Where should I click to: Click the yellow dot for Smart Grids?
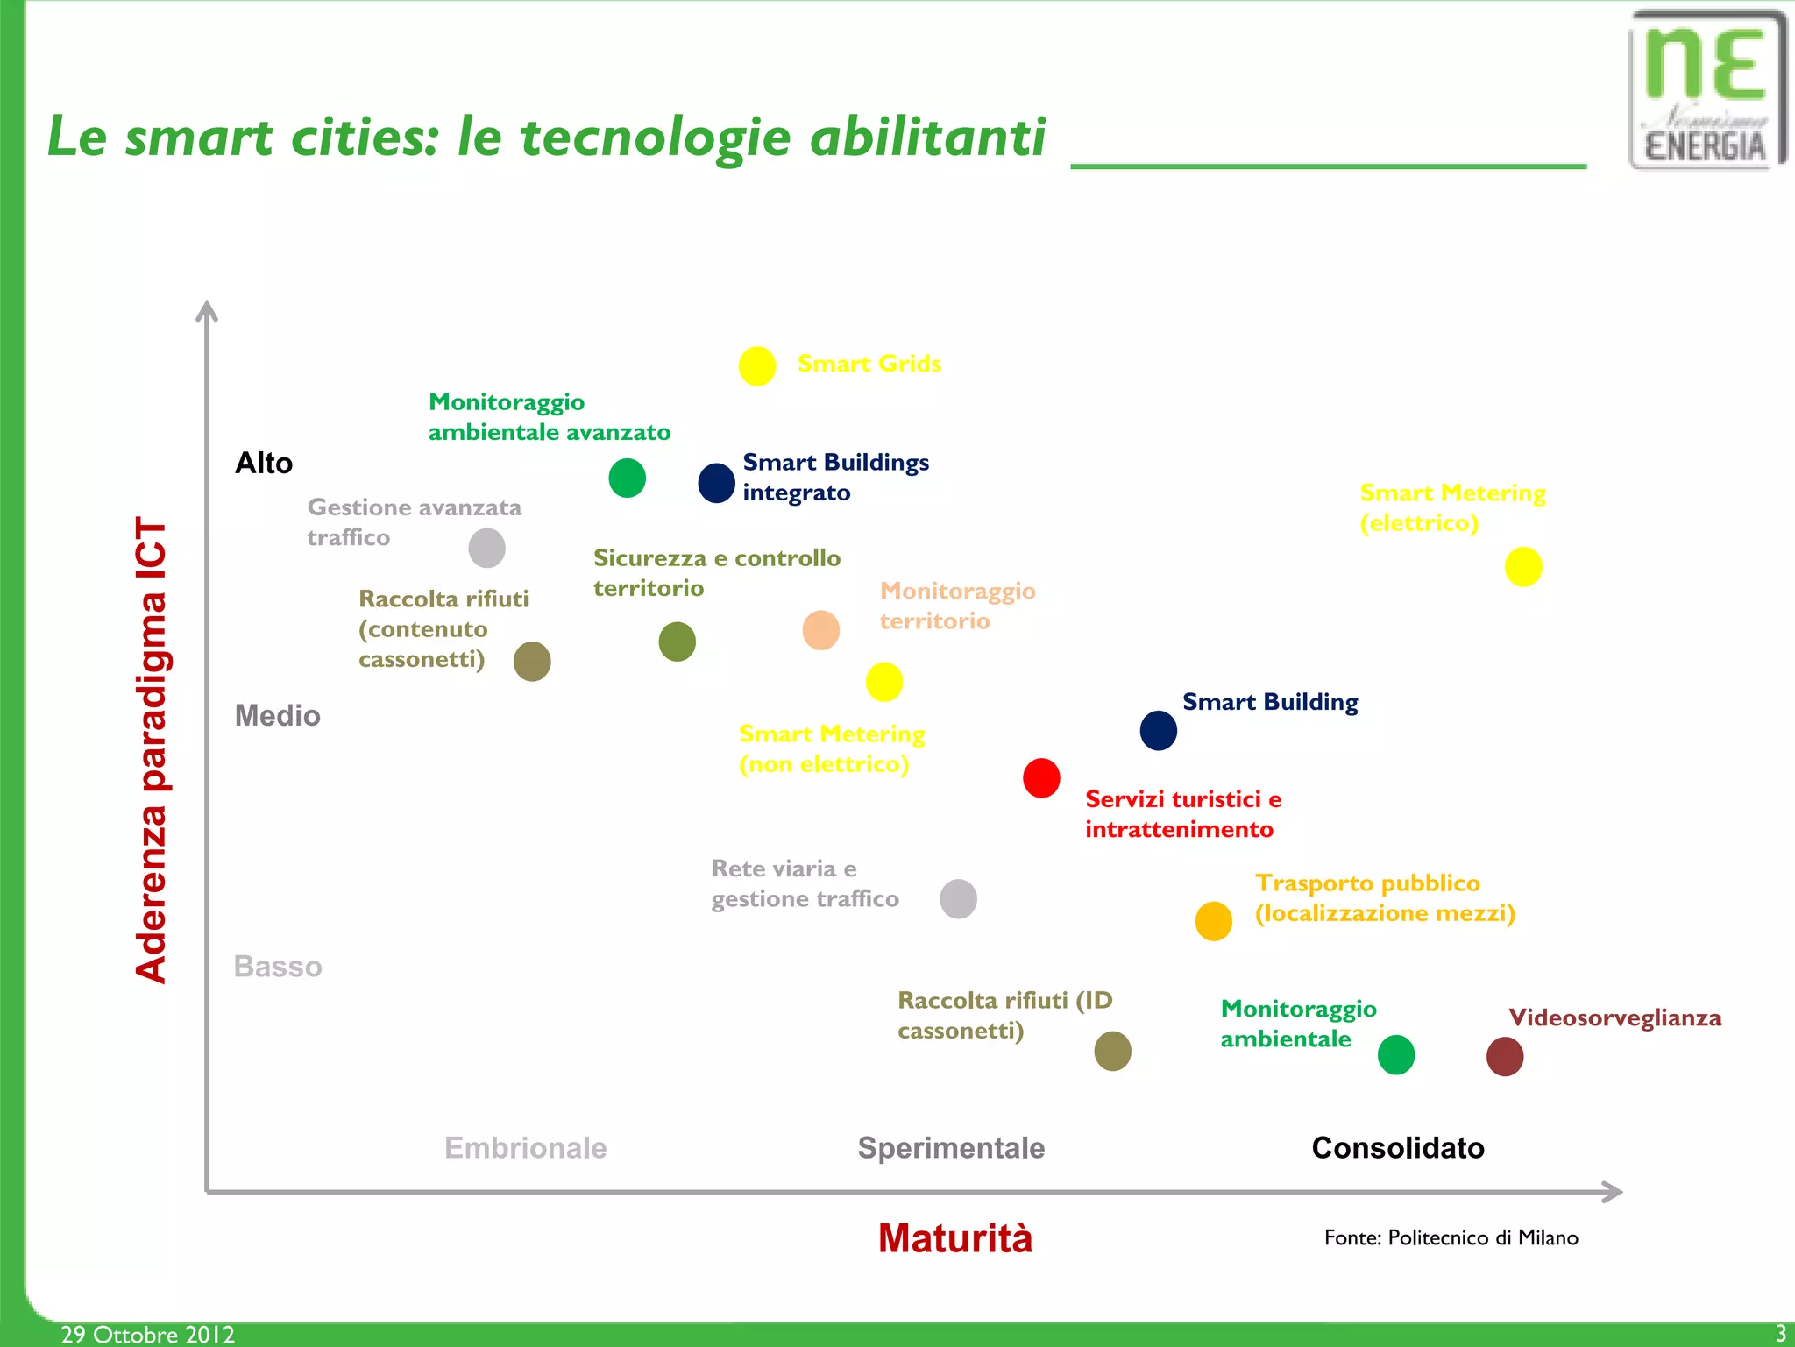click(757, 366)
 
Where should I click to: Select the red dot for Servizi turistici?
click(1041, 778)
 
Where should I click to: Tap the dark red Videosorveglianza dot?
click(1505, 1056)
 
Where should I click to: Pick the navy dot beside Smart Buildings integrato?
click(716, 483)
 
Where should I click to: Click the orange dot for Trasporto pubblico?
click(1214, 921)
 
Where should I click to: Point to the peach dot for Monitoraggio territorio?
click(821, 630)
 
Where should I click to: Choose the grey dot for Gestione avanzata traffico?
click(487, 549)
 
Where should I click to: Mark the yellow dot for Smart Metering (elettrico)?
click(1523, 567)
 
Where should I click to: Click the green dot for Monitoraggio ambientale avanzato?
click(628, 478)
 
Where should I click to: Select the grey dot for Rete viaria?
click(958, 899)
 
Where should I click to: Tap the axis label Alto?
click(264, 463)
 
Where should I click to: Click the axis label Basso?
click(278, 967)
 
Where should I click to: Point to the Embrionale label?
click(525, 1148)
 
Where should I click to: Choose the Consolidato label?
click(1398, 1148)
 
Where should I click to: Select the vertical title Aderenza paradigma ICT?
click(151, 749)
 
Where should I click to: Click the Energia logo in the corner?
click(1706, 89)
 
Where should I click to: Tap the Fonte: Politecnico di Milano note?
click(1451, 1237)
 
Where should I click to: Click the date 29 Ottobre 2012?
click(147, 1334)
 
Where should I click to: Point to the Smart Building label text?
click(1270, 702)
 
